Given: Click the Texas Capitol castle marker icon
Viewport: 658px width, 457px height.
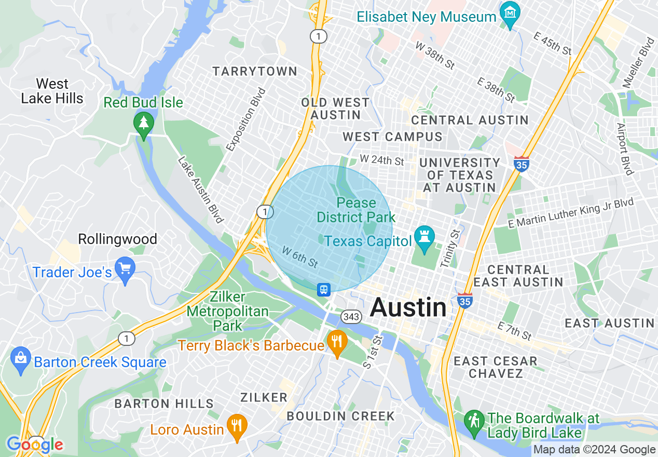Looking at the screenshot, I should click(424, 238).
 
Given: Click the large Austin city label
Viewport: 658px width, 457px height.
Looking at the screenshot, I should click(408, 307).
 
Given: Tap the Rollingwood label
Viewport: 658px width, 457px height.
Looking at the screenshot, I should click(117, 239).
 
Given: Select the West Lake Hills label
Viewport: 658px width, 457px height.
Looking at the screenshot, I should click(52, 91).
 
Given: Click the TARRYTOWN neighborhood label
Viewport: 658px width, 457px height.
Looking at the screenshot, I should click(254, 71).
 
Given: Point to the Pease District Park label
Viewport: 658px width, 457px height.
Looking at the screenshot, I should click(356, 210).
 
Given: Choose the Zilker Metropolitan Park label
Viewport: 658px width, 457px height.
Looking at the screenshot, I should click(228, 311).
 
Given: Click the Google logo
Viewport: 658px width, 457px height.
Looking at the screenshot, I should click(35, 445).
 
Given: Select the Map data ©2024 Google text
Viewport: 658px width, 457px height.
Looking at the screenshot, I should click(594, 450).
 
